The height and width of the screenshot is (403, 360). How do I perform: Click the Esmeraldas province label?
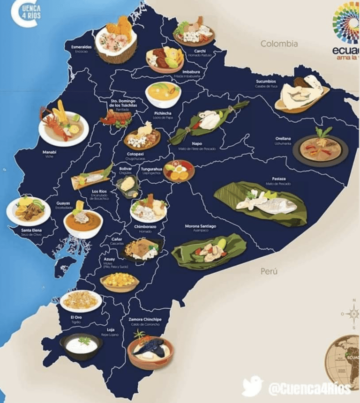tap(81, 47)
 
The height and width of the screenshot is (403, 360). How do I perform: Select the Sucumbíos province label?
tap(265, 81)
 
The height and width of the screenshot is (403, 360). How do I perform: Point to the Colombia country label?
tap(279, 44)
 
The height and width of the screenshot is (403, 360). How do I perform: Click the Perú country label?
tap(269, 271)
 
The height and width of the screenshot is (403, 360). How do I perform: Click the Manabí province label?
tap(49, 152)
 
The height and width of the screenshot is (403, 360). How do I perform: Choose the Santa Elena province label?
tap(31, 231)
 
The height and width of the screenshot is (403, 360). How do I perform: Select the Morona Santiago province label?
tap(200, 226)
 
